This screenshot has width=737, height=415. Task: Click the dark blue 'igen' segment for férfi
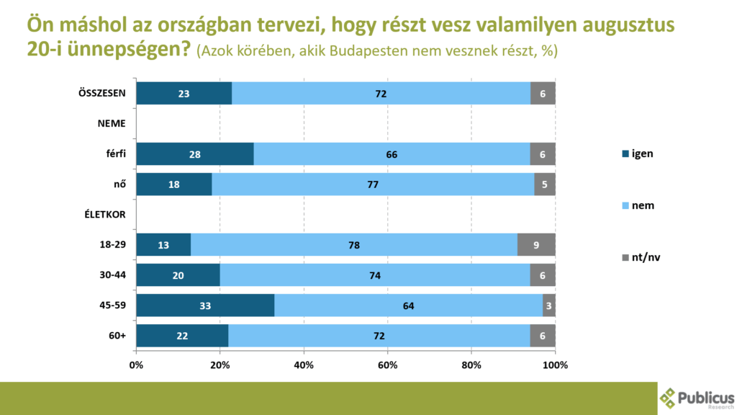194,153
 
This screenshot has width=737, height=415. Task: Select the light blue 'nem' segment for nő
373,184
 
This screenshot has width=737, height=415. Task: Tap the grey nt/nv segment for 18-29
536,244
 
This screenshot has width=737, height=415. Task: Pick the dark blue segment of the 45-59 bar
205,305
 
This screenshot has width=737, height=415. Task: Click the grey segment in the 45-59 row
549,305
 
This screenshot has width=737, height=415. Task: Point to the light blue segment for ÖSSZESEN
381,93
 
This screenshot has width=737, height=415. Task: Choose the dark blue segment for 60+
182,335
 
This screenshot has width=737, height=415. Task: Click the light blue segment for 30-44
375,275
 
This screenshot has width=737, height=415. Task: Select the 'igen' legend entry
637,153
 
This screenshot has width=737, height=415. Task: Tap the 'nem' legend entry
637,206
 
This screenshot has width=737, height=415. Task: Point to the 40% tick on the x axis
304,365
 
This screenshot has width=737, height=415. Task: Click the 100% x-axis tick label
556,365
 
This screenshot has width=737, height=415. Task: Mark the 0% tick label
136,365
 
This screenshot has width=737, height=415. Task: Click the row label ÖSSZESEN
102,93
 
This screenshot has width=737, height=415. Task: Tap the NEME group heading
112,123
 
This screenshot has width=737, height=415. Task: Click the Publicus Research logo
697,398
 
